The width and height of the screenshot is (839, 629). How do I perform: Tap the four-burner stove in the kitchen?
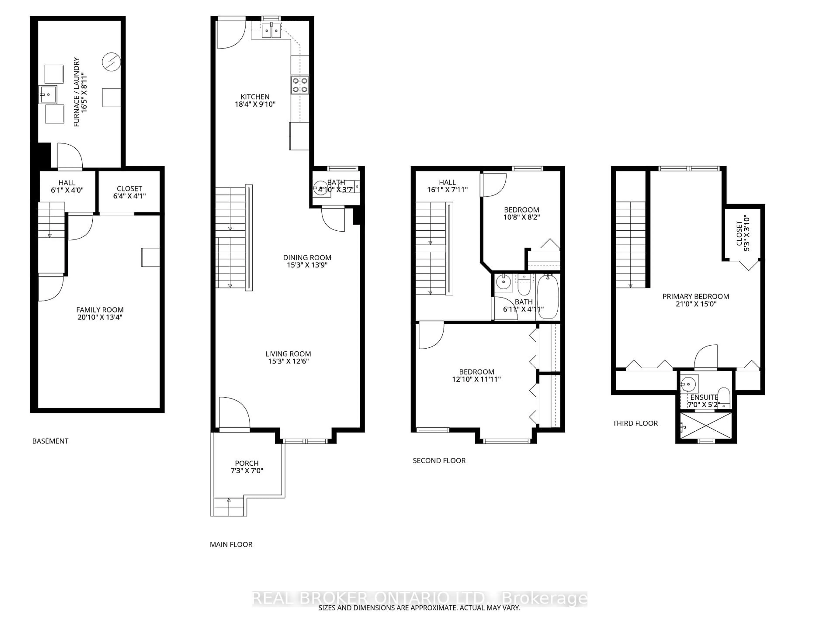pyautogui.click(x=300, y=85)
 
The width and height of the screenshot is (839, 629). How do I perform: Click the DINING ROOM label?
pyautogui.click(x=307, y=258)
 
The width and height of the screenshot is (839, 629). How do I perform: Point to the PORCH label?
pyautogui.click(x=246, y=463)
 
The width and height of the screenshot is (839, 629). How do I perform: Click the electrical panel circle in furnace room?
pyautogui.click(x=111, y=62)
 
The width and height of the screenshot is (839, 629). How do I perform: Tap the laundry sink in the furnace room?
pyautogui.click(x=48, y=94)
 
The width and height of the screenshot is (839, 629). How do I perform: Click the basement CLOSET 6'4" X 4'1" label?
pyautogui.click(x=129, y=192)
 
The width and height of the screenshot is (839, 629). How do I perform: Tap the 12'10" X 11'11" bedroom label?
pyautogui.click(x=476, y=375)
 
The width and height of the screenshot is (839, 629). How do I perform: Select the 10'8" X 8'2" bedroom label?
pyautogui.click(x=522, y=213)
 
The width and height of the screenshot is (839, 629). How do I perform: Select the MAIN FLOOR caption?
pyautogui.click(x=231, y=544)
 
